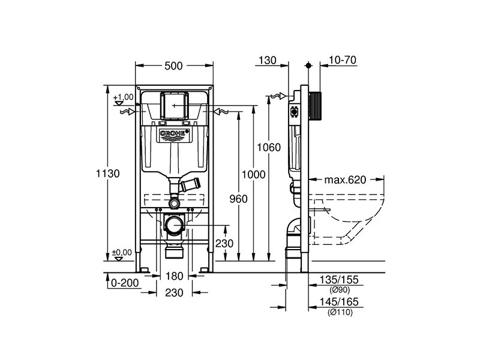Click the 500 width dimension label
[173, 66]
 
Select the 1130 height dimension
[108, 173]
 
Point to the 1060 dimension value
[268, 148]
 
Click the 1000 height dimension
[253, 175]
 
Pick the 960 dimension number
[238, 199]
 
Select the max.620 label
[345, 179]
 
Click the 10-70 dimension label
[343, 60]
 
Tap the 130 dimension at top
[267, 61]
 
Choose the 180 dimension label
[174, 276]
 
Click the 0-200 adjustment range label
[125, 283]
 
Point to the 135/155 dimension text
[339, 280]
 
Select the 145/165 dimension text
[339, 302]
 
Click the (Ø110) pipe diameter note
[340, 313]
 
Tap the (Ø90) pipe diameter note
[340, 290]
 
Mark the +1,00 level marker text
[124, 97]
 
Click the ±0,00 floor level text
[122, 253]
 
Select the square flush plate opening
[175, 106]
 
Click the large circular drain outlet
[174, 226]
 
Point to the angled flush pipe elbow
[190, 185]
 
